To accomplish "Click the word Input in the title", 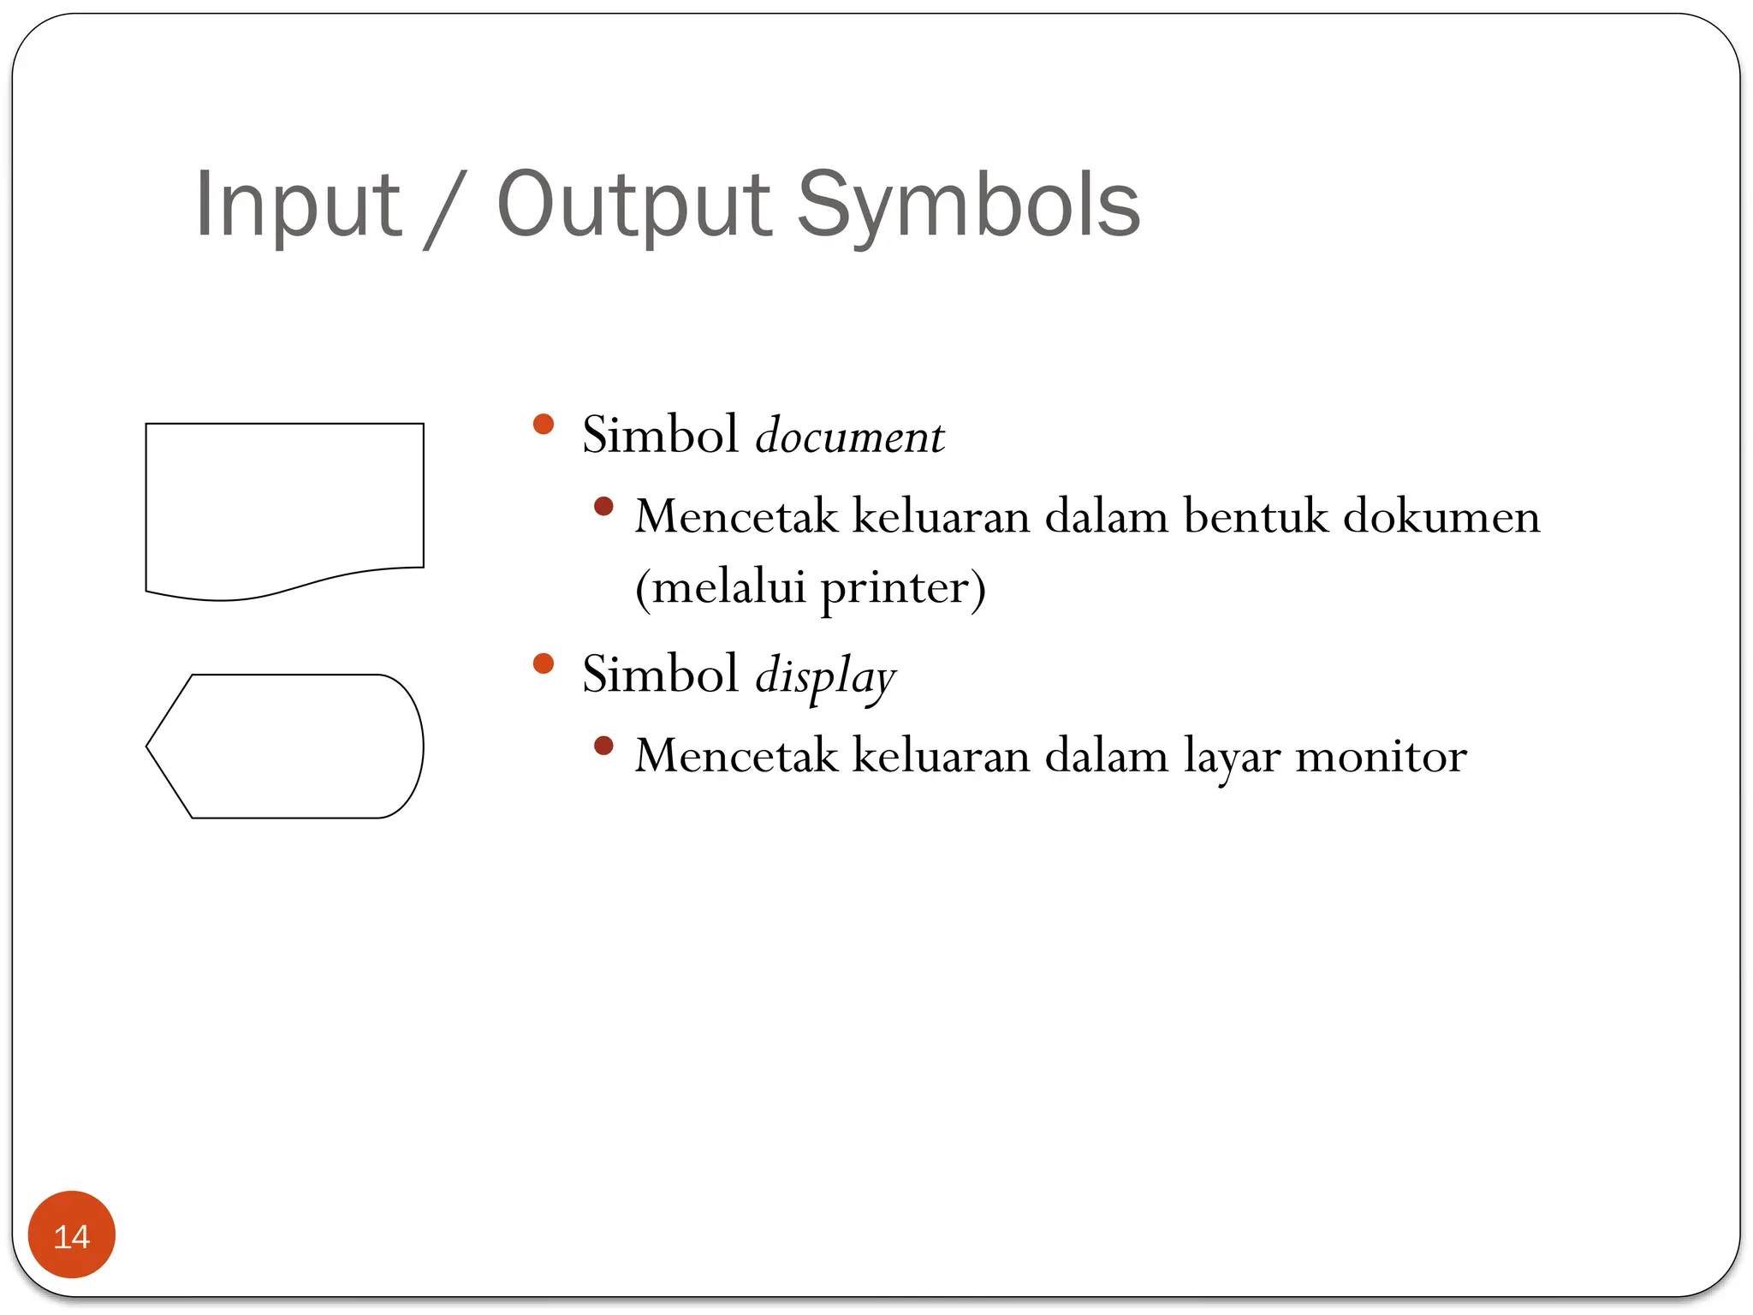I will [x=297, y=205].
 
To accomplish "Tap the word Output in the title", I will [x=634, y=205].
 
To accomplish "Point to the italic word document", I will [x=849, y=436].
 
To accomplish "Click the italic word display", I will [x=824, y=676].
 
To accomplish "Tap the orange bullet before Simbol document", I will [x=544, y=425].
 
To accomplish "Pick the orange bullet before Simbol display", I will [x=544, y=663].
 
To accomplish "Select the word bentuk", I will [x=1255, y=517].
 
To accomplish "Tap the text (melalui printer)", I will [x=810, y=588].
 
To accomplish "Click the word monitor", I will [x=1381, y=757].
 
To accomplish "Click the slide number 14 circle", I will [x=72, y=1235].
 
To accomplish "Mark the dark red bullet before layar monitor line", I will [x=603, y=746].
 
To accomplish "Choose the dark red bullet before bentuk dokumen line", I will [x=603, y=506].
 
